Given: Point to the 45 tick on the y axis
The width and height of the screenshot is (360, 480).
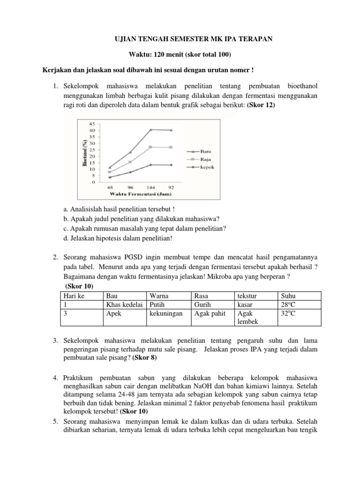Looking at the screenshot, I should pyautogui.click(x=91, y=123).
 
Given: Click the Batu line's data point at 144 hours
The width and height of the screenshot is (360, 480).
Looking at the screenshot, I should pyautogui.click(x=150, y=129).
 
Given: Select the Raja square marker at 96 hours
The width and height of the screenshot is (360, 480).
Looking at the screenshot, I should pyautogui.click(x=130, y=162).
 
